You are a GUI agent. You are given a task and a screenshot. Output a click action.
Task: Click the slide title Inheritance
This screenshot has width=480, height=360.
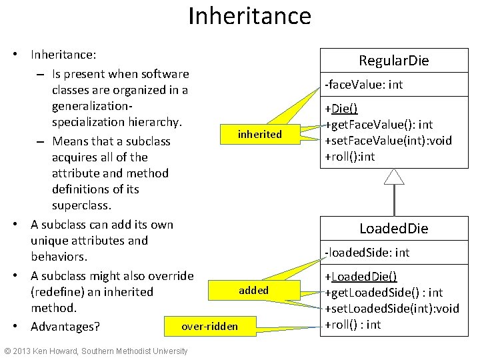(249, 16)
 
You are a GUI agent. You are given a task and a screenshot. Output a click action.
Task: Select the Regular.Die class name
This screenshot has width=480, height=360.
(393, 61)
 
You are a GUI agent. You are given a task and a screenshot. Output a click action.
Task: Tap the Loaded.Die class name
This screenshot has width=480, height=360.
(393, 229)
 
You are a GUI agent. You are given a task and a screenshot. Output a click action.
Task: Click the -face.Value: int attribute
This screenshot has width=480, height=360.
(363, 85)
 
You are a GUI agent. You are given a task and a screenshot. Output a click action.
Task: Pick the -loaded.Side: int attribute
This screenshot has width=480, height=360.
(367, 253)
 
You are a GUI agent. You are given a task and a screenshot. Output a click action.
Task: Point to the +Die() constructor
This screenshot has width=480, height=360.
(341, 109)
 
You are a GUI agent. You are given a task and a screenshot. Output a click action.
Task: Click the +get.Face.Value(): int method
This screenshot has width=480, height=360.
(379, 125)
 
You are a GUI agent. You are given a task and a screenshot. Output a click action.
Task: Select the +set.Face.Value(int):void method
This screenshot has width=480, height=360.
(388, 140)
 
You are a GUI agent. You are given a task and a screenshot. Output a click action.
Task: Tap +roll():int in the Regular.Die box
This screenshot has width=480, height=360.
(349, 156)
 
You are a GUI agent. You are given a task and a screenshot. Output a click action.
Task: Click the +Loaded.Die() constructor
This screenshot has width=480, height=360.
(361, 277)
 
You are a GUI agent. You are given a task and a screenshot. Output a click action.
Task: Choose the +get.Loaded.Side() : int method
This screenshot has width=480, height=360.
(383, 293)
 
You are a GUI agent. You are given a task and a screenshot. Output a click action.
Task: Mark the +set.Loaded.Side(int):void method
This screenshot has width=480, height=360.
(391, 309)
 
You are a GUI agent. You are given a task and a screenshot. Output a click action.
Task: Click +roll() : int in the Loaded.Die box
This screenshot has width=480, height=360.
(353, 325)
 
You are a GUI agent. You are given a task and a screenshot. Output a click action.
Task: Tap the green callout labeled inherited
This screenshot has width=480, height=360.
(259, 135)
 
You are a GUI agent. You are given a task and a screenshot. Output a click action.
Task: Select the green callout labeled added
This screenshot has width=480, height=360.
(253, 290)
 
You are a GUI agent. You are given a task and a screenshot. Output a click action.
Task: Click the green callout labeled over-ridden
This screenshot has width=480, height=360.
(209, 326)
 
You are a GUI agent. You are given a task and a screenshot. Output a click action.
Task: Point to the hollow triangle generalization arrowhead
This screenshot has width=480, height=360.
(395, 176)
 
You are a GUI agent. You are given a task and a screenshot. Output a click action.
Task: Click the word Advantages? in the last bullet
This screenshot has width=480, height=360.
(65, 326)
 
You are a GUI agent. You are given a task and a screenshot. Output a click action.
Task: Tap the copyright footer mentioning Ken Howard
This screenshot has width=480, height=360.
(96, 351)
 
